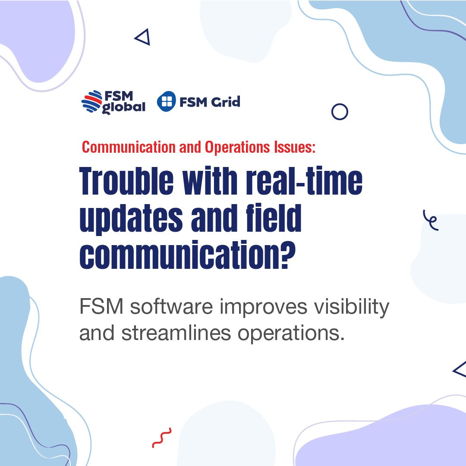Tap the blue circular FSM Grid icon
point(167,102)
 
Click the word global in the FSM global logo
point(123,107)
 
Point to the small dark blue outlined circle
point(340,112)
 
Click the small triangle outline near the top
point(143,38)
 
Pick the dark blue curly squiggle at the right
point(431,220)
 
